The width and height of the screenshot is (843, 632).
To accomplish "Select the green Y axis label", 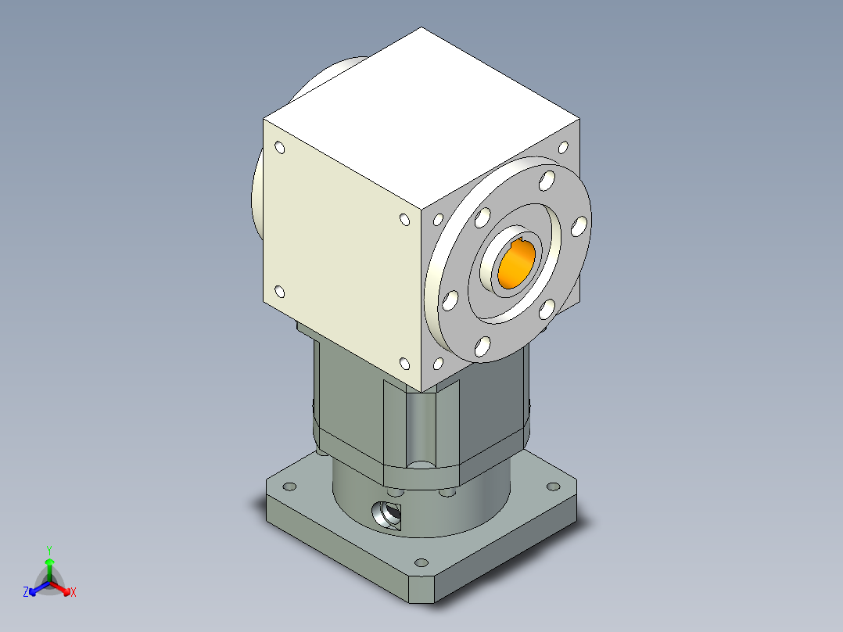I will [48, 549].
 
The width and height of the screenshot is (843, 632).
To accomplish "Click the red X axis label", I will [74, 593].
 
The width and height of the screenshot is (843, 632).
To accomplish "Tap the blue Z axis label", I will [26, 593].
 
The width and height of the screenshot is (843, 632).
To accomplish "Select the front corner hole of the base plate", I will [422, 562].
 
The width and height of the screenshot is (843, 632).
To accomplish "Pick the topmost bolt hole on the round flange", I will [545, 181].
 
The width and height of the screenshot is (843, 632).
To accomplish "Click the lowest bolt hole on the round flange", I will [482, 345].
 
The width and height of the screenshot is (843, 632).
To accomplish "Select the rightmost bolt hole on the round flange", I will [579, 226].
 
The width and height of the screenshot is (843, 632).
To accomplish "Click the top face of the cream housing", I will [422, 117].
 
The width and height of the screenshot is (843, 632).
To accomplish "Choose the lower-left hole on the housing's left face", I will [279, 292].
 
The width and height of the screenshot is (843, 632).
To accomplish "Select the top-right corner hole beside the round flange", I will [562, 147].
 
